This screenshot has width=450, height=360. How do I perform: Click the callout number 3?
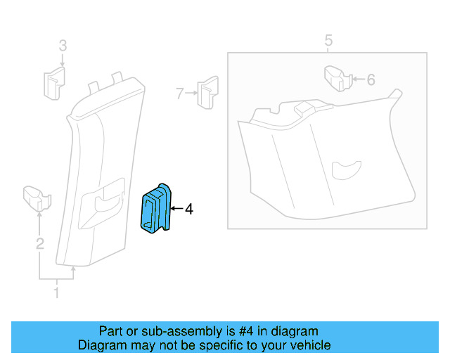[x=63, y=46]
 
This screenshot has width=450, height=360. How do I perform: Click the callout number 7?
[x=180, y=92]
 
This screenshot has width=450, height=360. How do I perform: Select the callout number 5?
[x=328, y=39]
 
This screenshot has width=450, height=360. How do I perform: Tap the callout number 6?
[x=371, y=79]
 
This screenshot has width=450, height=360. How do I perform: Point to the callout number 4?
[x=188, y=209]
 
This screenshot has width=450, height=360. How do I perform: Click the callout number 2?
[x=40, y=244]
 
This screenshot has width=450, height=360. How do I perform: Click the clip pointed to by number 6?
[x=337, y=78]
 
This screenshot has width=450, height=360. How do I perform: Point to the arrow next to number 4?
[x=176, y=209]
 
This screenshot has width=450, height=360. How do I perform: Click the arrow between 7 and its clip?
[x=191, y=92]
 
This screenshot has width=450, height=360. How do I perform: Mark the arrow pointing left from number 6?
[x=357, y=79]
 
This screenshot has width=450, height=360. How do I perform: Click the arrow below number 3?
[x=63, y=60]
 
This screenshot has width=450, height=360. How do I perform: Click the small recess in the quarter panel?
[x=345, y=169]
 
